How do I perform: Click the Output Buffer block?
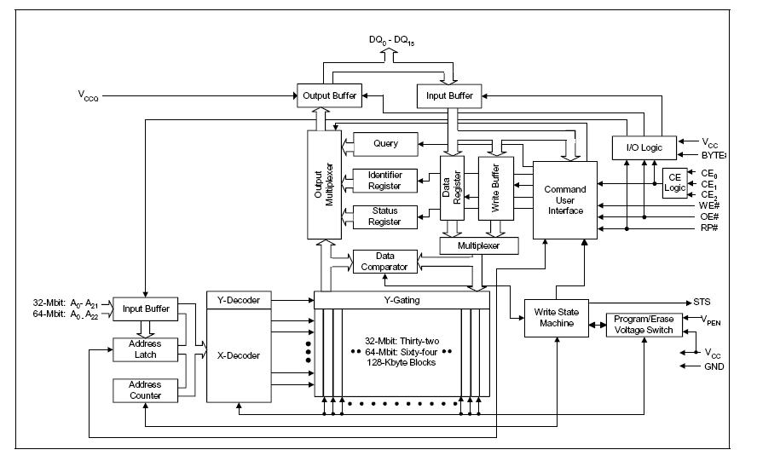point(329,95)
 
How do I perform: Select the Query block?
point(385,144)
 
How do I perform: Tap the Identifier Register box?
point(384,181)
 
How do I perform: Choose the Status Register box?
point(384,216)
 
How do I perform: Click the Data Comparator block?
point(384,262)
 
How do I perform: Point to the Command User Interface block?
point(565,200)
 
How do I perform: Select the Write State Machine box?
point(557,318)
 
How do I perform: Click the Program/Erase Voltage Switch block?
point(644,325)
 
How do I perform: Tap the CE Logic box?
point(674,183)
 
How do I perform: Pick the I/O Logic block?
point(644,147)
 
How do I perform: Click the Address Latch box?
point(145,349)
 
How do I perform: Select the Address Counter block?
point(145,390)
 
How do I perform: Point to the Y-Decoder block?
point(239,300)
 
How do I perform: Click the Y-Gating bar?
point(402,300)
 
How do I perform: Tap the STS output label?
point(702,302)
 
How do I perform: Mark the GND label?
point(714,366)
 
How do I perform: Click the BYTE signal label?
point(714,155)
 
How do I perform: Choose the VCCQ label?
point(88,95)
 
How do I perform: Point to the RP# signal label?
point(708,228)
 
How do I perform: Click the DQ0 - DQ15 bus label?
point(391,41)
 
